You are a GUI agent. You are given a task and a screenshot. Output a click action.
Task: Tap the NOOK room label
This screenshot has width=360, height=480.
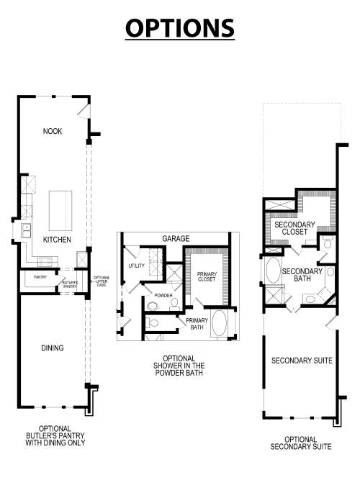click(x=53, y=131)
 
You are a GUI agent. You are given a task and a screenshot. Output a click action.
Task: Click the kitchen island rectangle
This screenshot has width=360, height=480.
click(x=61, y=209)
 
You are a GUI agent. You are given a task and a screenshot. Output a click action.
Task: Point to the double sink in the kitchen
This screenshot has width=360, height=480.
click(x=26, y=230)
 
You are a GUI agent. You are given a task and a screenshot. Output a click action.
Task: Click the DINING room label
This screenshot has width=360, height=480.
click(x=53, y=348)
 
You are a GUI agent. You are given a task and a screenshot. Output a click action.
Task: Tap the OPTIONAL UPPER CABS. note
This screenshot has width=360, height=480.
click(x=101, y=281)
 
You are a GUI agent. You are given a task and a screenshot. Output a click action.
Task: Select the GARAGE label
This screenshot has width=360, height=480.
click(x=175, y=237)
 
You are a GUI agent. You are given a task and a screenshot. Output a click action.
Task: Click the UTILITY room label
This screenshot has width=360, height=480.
click(x=137, y=266)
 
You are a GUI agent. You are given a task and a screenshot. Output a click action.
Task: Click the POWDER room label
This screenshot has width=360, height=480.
click(x=163, y=294)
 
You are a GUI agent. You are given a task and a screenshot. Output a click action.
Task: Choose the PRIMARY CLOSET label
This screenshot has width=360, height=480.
click(x=207, y=276)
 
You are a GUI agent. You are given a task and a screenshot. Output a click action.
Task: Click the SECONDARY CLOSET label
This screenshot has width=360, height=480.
click(x=294, y=229)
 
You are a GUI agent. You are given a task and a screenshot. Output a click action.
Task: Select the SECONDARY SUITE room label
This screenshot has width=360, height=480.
click(x=302, y=361)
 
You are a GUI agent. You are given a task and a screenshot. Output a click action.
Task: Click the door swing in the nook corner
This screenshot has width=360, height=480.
click(x=84, y=111)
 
